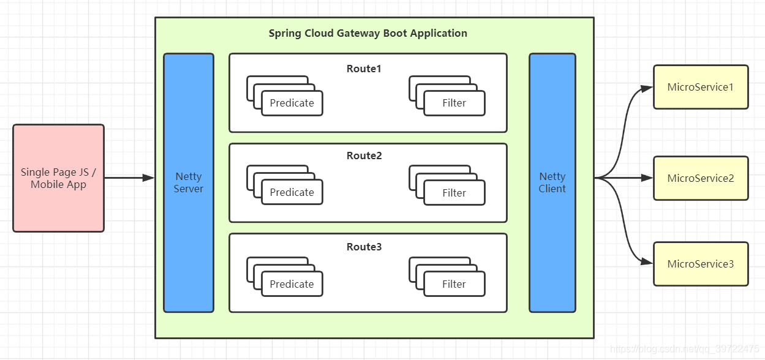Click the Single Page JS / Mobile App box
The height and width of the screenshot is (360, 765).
click(58, 178)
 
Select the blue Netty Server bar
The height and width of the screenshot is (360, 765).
click(189, 182)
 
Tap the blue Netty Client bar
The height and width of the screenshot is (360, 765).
click(552, 182)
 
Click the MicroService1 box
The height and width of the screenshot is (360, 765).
click(701, 87)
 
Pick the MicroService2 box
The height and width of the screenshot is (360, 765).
click(701, 178)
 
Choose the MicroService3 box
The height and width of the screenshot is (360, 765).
click(701, 264)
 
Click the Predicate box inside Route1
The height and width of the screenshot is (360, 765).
click(292, 103)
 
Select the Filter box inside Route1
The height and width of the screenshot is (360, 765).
click(454, 103)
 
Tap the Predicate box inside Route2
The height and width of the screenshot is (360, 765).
click(292, 192)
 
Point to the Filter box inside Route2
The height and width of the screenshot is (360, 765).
click(454, 193)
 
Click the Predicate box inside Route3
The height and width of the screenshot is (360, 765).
click(292, 284)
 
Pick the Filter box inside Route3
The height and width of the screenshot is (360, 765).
click(454, 284)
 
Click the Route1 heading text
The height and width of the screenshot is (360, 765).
click(364, 69)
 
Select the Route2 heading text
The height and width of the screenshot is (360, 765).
click(364, 156)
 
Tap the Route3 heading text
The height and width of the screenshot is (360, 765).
click(364, 247)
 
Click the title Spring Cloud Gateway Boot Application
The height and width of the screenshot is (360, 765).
click(367, 33)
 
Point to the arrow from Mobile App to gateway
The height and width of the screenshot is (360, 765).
click(129, 178)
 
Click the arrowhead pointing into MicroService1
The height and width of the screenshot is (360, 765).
click(647, 88)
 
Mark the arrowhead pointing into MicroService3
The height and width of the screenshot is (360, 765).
click(647, 262)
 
